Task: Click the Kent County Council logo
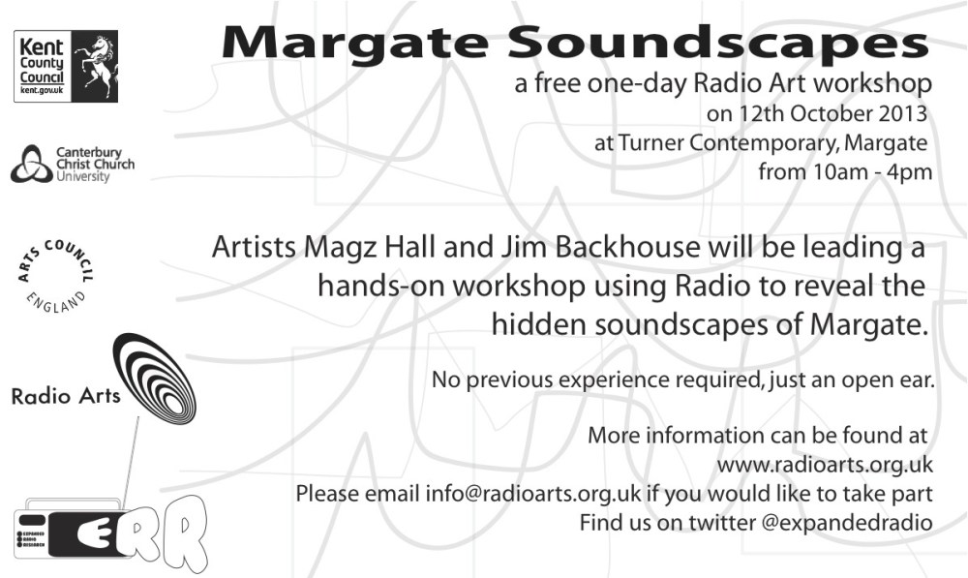tap(65, 66)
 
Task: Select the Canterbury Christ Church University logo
tap(72, 165)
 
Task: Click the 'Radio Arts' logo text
tap(65, 396)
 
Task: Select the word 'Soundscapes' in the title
tap(716, 42)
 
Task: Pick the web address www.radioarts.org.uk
tap(824, 465)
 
